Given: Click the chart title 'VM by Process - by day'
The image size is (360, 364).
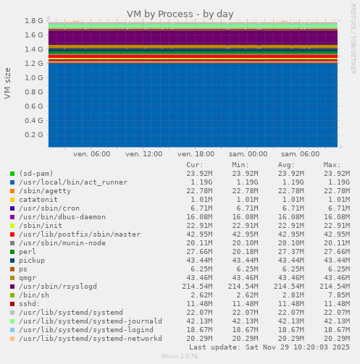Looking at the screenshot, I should tap(180, 14).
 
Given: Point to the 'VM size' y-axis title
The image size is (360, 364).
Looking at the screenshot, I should tap(8, 83).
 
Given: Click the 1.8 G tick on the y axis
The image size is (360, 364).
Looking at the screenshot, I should tap(34, 21).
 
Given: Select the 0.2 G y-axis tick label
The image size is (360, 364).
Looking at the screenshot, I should tap(34, 135).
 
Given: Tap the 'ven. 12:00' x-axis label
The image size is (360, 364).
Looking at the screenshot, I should tap(143, 154).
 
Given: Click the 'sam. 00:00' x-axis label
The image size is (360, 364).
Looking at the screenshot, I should tap(248, 154).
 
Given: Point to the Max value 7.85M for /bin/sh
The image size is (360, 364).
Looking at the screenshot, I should tap(338, 296).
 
